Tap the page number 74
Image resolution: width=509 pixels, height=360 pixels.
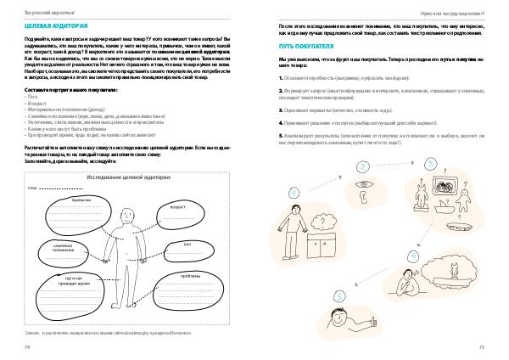pos(28,346)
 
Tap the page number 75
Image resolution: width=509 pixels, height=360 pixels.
pos(481,346)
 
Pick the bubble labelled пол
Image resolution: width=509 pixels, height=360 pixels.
pos(189,246)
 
